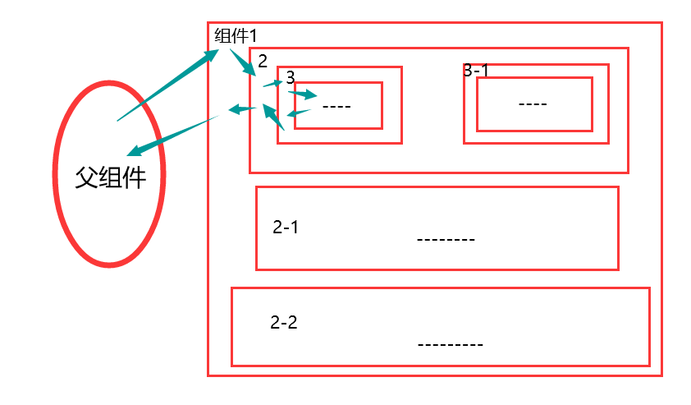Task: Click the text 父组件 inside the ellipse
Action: pyautogui.click(x=110, y=177)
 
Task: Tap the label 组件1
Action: pyautogui.click(x=236, y=36)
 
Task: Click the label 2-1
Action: pyautogui.click(x=286, y=228)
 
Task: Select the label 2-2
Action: pyautogui.click(x=284, y=323)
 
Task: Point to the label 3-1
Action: pyautogui.click(x=476, y=71)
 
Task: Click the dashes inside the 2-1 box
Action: pyautogui.click(x=446, y=240)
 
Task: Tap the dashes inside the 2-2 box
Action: pyautogui.click(x=450, y=344)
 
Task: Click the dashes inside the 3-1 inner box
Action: pyautogui.click(x=533, y=104)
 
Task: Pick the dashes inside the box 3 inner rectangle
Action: pyautogui.click(x=336, y=106)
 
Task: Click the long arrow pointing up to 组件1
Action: pyautogui.click(x=168, y=85)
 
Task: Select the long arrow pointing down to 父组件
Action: pyautogui.click(x=172, y=136)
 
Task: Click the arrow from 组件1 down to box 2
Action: pyautogui.click(x=243, y=63)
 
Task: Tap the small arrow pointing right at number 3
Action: pyautogui.click(x=272, y=83)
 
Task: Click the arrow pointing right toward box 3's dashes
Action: pyautogui.click(x=302, y=94)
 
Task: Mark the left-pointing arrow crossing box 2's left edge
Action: pyautogui.click(x=240, y=109)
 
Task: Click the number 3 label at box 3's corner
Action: pyautogui.click(x=290, y=76)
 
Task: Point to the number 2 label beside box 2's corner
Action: pyautogui.click(x=263, y=61)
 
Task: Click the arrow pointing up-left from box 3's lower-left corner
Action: pyautogui.click(x=273, y=117)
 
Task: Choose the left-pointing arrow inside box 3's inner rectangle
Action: pyautogui.click(x=298, y=113)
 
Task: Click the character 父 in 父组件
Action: pyautogui.click(x=87, y=177)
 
